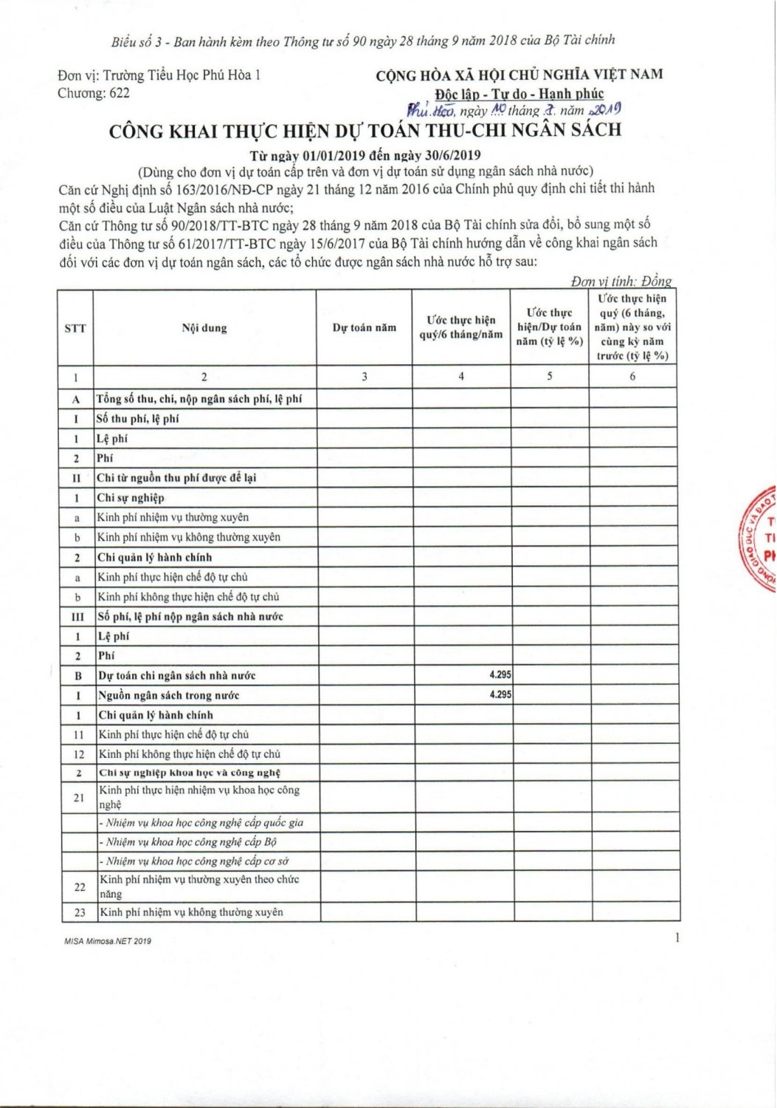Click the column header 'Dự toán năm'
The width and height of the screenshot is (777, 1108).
[x=364, y=328]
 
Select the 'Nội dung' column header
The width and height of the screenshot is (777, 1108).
[x=204, y=328]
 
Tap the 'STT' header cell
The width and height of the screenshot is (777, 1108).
[x=75, y=328]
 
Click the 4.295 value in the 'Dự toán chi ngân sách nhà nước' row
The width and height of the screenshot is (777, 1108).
[x=500, y=675]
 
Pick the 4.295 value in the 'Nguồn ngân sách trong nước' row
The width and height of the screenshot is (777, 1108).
[x=500, y=695]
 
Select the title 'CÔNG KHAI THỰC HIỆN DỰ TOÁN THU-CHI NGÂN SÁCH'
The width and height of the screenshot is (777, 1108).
[x=365, y=131]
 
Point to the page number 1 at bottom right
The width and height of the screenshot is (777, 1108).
[x=676, y=938]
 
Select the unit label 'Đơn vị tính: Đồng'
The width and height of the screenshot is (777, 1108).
[x=621, y=281]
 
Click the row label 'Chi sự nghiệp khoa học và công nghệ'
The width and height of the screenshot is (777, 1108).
[x=190, y=773]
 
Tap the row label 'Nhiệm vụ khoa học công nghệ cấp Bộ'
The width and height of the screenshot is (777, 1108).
[x=188, y=842]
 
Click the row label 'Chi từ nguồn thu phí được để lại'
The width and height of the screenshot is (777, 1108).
[x=176, y=478]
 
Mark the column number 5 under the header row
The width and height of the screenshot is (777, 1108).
[x=550, y=376]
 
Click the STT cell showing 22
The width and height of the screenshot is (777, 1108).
[x=80, y=886]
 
